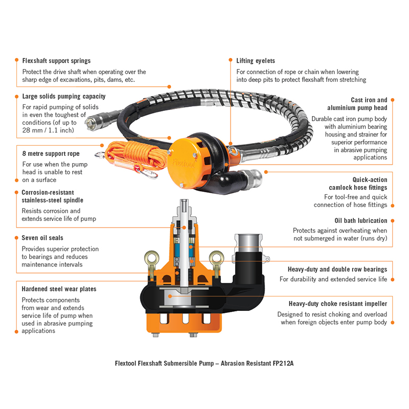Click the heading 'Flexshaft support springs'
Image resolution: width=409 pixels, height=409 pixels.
(56, 60)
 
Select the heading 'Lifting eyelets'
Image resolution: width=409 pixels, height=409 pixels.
(256, 60)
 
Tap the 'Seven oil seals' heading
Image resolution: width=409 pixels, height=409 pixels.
(42, 238)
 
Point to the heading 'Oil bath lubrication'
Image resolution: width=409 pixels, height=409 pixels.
(361, 221)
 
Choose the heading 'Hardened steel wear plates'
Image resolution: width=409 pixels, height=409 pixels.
(59, 289)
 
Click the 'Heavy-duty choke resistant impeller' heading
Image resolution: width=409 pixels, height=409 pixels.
(338, 303)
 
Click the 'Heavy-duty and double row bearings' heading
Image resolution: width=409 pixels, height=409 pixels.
(337, 269)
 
